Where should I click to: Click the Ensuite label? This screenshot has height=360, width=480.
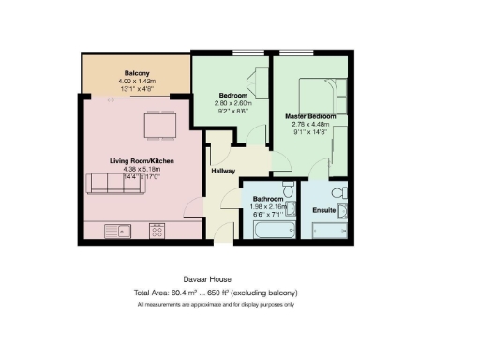pyautogui.click(x=325, y=210)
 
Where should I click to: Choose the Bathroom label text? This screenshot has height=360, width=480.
pyautogui.click(x=269, y=198)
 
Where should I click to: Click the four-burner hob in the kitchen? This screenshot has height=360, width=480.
pyautogui.click(x=156, y=229)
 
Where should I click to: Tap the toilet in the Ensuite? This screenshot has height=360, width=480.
pyautogui.click(x=346, y=194)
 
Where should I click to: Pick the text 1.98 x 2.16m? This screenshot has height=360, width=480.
pyautogui.click(x=269, y=205)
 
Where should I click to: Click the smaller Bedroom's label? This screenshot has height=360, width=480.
pyautogui.click(x=232, y=96)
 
